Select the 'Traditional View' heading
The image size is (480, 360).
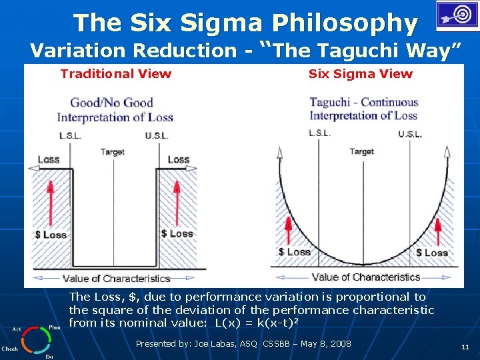point(115,74)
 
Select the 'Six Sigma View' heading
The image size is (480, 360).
point(360,74)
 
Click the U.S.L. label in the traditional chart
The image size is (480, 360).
point(157,136)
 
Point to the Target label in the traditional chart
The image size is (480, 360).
point(112,152)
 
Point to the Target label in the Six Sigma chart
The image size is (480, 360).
point(361,151)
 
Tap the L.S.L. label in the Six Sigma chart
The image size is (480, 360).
point(319,133)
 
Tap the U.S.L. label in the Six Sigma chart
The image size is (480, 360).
point(410,134)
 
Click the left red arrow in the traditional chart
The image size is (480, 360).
point(49,203)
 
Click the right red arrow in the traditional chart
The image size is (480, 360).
point(177,203)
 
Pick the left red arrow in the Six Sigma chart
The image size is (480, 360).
point(288,231)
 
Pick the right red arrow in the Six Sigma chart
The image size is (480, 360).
point(438,231)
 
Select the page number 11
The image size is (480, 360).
point(465,347)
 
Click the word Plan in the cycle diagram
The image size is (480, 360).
point(55,327)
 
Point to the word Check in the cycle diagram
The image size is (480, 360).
point(10,349)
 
